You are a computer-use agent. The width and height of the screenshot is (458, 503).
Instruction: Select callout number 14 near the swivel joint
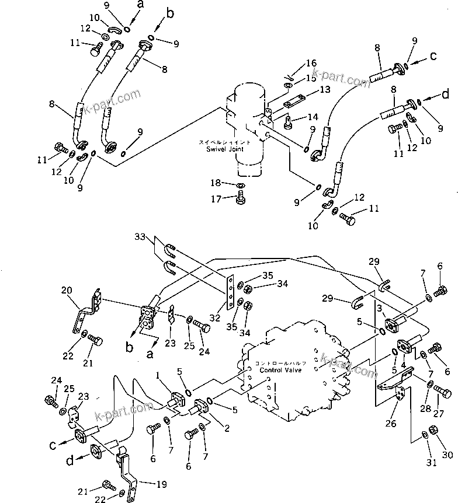(x=313, y=117)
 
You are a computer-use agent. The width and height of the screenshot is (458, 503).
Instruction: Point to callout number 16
(x=311, y=62)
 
